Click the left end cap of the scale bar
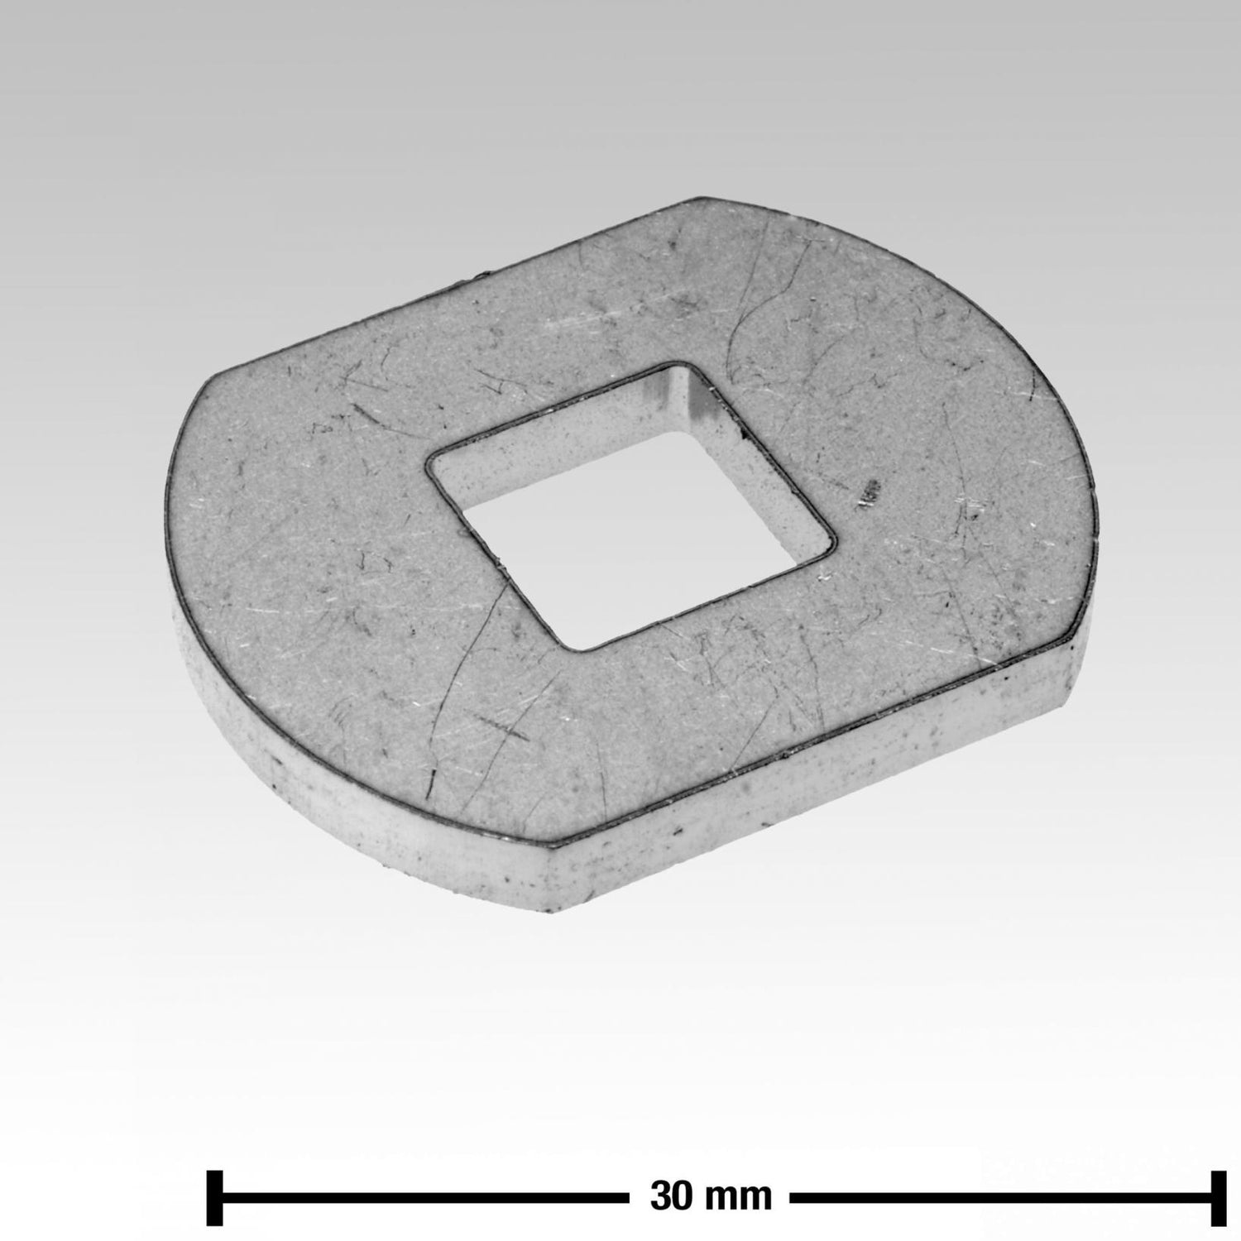[215, 1196]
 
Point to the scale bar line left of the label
[424, 1196]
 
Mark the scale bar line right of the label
[1001, 1196]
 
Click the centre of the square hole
[630, 506]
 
